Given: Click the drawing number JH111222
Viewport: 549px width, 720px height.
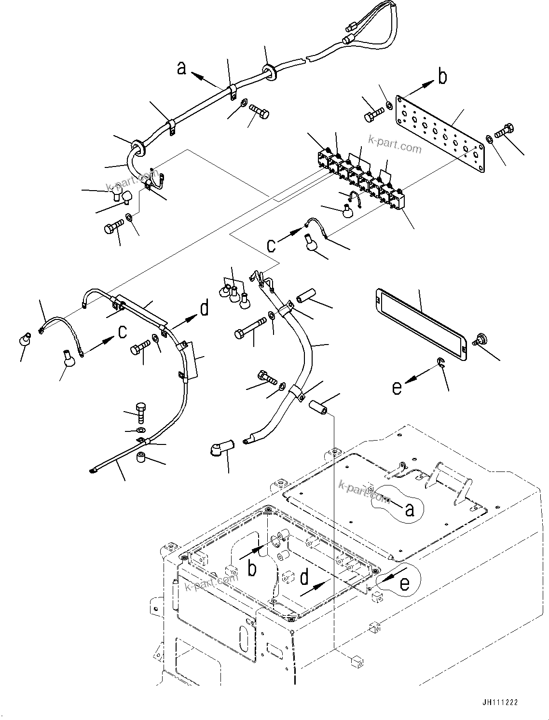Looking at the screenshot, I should pos(498,703).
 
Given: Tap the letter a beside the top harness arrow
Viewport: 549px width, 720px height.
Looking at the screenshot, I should pos(181,69).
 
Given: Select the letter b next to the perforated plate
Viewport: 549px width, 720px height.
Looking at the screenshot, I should pos(442,77).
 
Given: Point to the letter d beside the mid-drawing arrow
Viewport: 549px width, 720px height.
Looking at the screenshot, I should pos(205,308).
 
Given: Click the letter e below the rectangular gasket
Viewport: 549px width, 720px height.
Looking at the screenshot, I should pos(397,388).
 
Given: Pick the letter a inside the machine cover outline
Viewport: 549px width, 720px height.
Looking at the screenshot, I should pos(409,510).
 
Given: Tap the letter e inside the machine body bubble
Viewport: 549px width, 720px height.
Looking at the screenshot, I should pos(404,583).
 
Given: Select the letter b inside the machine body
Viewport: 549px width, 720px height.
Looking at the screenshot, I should pos(252,569).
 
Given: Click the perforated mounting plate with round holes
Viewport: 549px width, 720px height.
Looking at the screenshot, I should pos(439,132).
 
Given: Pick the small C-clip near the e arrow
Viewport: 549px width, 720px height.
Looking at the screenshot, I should pos(441,363).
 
